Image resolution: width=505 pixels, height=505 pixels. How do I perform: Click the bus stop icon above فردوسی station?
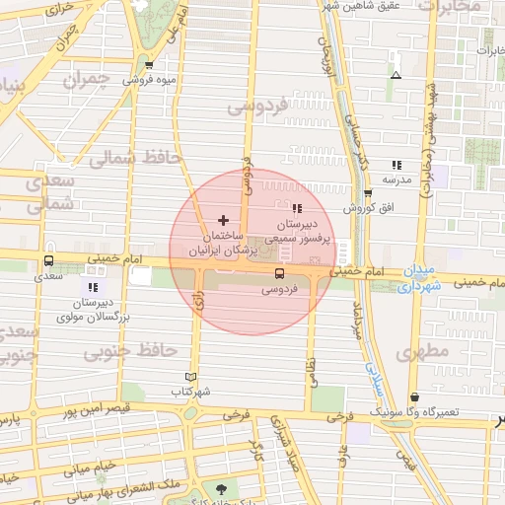point(280,273)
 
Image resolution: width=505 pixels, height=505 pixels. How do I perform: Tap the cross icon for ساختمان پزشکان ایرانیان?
point(222,220)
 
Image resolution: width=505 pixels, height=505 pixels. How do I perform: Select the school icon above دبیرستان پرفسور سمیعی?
point(297,208)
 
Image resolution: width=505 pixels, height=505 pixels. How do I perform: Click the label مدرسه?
point(396,180)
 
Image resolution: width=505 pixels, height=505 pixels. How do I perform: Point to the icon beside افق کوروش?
point(368,193)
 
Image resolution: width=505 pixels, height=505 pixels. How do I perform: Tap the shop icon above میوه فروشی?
point(148,65)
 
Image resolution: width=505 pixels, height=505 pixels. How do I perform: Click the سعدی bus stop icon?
point(48,261)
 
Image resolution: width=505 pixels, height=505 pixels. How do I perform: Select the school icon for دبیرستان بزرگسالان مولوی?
point(93,286)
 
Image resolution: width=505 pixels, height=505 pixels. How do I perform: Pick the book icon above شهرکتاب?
point(190,377)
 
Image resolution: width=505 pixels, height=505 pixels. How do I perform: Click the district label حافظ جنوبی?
point(144,350)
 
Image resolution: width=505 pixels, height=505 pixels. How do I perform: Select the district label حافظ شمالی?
point(127,156)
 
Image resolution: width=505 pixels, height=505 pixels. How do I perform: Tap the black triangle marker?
point(397,75)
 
